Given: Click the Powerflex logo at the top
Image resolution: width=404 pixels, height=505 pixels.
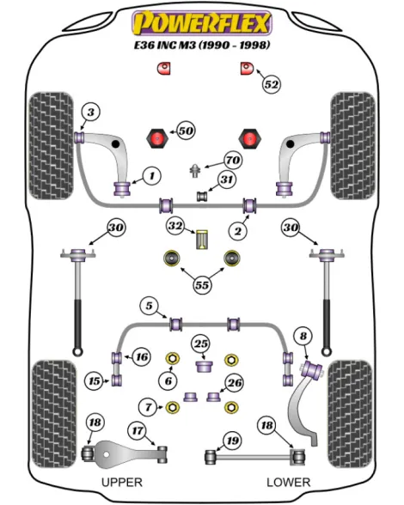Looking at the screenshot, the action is pos(202,22).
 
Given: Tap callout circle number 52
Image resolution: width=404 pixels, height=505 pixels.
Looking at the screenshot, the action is pos(271,84).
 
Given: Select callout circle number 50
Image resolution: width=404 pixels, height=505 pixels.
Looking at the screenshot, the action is pos(186,131).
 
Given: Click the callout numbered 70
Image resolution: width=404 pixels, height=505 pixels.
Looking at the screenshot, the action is pos(233,160).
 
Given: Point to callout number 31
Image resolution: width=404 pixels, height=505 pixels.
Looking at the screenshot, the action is pos(226,179).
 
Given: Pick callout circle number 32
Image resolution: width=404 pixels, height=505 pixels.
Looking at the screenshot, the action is pos(175,226).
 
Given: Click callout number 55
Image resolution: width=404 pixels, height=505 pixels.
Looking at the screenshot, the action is pos(202,285).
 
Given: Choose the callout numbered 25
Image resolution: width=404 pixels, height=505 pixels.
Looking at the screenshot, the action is pos(201,344).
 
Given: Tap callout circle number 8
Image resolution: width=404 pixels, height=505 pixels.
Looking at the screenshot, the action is pos(303,337).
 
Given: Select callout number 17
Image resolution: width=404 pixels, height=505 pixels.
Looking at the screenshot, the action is pos(138,430).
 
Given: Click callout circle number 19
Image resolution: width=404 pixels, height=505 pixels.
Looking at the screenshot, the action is pos(232,441).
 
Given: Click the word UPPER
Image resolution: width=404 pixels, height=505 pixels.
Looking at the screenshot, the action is pos(122,482).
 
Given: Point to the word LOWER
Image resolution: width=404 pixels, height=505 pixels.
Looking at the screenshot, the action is pos(288,482).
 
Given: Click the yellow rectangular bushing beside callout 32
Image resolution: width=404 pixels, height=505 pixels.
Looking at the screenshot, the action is pos(202,240).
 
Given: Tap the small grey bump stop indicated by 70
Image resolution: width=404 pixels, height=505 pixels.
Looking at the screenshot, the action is pos(195,170).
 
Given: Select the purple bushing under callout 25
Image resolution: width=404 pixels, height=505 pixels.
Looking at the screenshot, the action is pos(205,367).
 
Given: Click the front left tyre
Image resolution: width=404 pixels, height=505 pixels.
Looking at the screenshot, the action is pos(51,146).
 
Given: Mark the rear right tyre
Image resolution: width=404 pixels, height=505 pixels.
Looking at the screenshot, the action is pos(350,414).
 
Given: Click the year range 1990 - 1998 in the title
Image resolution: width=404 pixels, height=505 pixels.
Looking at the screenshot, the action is pos(234,45).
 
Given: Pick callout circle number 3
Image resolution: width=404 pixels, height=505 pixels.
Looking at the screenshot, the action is pos(91,112).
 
